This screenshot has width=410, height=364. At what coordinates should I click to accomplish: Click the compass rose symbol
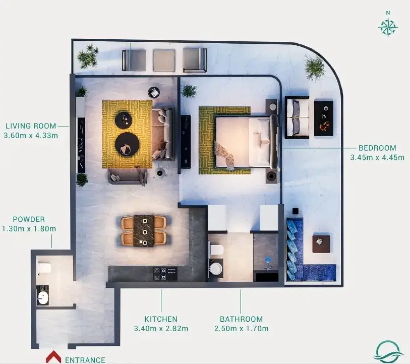tap(388, 27)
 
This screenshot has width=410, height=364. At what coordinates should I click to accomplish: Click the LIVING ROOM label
tap(31, 126)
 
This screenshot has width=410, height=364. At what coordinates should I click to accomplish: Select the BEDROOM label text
tap(377, 148)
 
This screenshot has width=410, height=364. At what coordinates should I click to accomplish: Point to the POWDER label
tap(29, 219)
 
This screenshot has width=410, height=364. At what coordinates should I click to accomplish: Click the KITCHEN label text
tap(161, 319)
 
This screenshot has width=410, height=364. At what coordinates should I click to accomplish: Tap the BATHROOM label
tap(242, 319)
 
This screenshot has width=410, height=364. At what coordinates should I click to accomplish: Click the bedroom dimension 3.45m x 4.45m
tap(377, 157)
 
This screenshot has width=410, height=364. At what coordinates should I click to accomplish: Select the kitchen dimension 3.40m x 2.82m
tap(161, 328)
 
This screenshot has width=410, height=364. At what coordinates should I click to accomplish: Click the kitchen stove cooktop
tap(165, 274)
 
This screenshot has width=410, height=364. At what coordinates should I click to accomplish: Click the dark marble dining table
tap(144, 230)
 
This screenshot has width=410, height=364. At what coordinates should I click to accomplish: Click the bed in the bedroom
tap(246, 142)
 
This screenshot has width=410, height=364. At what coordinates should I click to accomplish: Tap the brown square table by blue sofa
tap(321, 244)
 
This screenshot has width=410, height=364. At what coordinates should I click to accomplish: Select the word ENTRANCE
tap(85, 360)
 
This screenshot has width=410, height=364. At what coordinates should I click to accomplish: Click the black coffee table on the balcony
tap(323, 118)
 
